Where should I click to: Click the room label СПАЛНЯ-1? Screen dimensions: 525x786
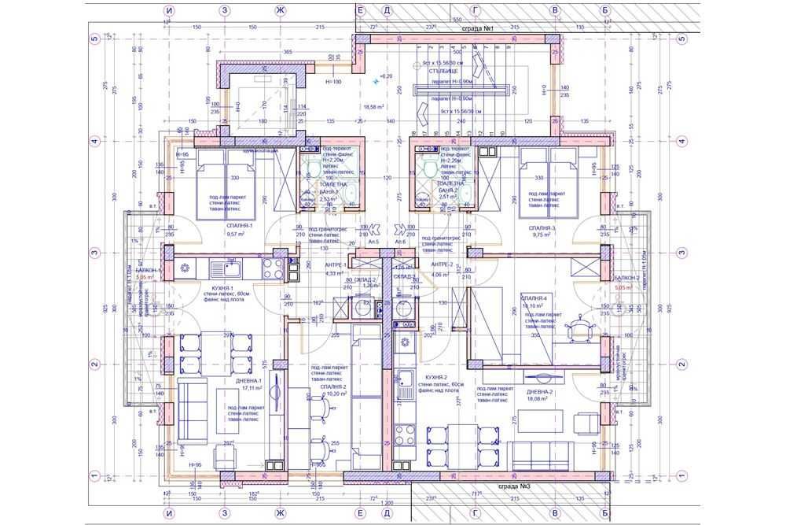[x=237, y=225]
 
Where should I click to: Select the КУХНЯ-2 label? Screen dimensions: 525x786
[x=436, y=377]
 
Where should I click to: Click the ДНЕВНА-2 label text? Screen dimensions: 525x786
[x=540, y=391]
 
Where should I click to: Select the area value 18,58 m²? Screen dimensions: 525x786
[x=373, y=106]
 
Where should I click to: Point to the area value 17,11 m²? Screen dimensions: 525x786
[x=252, y=388]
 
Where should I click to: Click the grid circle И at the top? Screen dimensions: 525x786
[x=169, y=10]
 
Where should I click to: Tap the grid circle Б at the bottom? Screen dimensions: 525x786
[x=604, y=514]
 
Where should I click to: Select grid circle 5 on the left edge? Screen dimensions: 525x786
[x=94, y=37]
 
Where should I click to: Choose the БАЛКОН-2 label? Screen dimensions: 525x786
[x=626, y=279]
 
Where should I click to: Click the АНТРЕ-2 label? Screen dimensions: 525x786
[x=443, y=264]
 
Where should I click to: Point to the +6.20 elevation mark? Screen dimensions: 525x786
[x=385, y=76]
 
